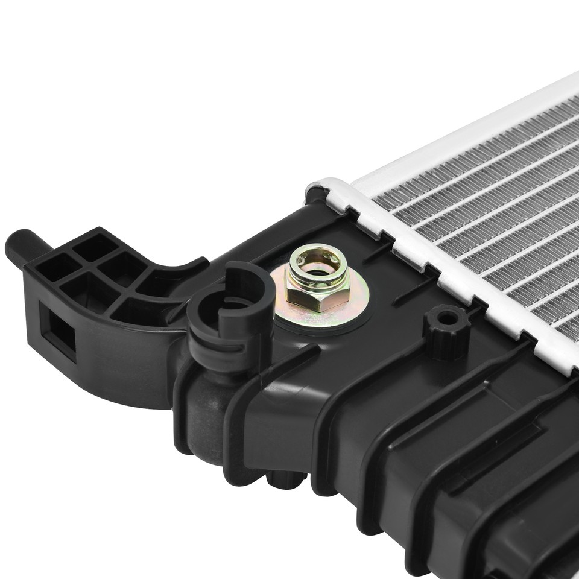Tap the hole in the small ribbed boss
pyautogui.click(x=448, y=317)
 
